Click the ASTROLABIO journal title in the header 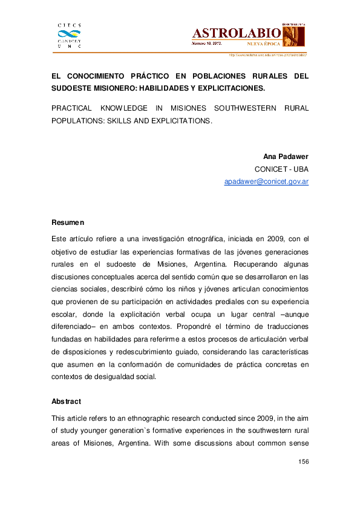pyautogui.click(x=236, y=33)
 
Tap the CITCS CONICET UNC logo pyautogui.click(x=68, y=35)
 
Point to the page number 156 pyautogui.click(x=304, y=462)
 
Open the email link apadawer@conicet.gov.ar pyautogui.click(x=266, y=181)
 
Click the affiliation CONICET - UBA pyautogui.click(x=281, y=169)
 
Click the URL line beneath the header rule pyautogui.click(x=267, y=55)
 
